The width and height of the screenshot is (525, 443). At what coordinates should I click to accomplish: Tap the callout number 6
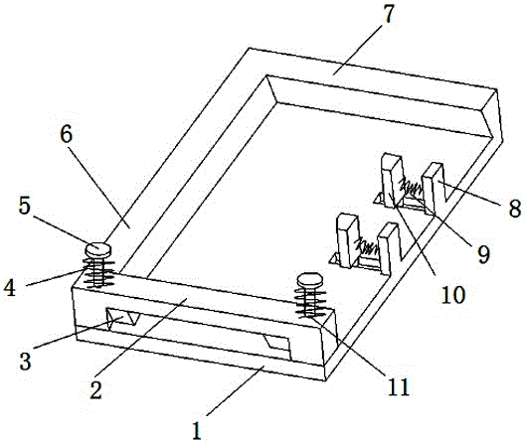coord(67,135)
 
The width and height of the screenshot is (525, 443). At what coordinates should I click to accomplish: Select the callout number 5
coord(25,206)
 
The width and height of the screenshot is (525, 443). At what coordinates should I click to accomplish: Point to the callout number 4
coord(9,287)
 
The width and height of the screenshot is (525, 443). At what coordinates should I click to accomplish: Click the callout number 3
coord(26,361)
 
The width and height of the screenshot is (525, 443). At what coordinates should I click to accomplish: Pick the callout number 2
coord(95,389)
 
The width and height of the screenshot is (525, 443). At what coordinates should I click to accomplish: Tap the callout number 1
coord(197,430)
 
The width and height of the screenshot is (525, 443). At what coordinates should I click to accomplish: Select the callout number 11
coord(399,386)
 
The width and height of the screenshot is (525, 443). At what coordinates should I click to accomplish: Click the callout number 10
coord(453,294)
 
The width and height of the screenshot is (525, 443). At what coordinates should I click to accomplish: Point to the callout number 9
coord(483,254)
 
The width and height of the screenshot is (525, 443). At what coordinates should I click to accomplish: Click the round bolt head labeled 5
coord(98,249)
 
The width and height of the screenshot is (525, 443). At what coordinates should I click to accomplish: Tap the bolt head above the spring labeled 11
coord(310,280)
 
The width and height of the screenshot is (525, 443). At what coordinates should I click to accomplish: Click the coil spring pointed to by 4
coord(98,273)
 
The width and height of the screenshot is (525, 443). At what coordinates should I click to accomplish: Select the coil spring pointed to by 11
coord(310,302)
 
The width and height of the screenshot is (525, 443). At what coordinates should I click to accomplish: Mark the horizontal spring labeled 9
coord(412,188)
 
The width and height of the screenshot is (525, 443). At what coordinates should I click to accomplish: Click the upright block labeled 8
coord(433,187)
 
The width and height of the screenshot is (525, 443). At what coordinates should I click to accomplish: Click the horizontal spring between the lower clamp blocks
coord(367,247)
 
